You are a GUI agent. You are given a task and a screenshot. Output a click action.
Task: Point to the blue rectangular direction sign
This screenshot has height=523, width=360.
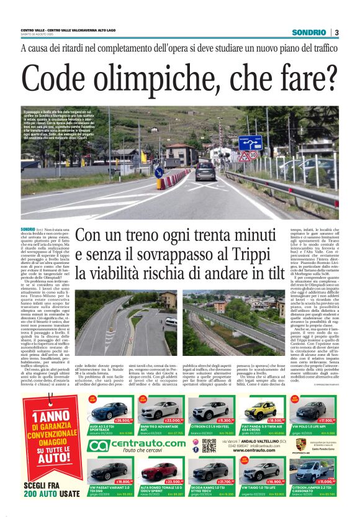click(250, 143)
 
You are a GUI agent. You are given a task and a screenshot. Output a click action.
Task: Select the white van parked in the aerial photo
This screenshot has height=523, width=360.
click(171, 322)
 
